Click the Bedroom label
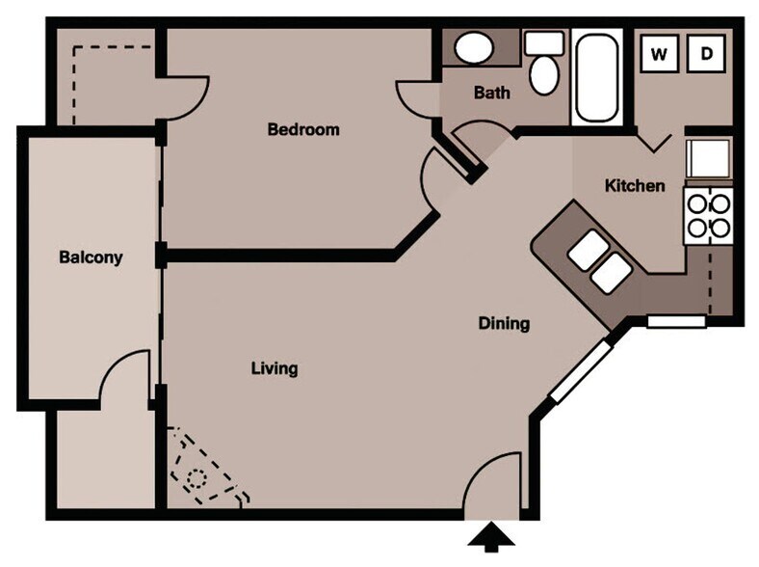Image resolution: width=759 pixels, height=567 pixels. click(x=303, y=129)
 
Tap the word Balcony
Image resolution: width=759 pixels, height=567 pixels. click(x=91, y=257)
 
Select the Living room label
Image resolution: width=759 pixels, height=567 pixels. click(x=275, y=368)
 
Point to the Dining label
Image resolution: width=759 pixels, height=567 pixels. click(x=504, y=324)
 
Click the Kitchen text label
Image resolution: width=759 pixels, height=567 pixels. click(x=634, y=185)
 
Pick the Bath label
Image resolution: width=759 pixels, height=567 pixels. click(x=492, y=94)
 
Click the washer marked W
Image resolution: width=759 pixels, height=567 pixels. click(x=660, y=54)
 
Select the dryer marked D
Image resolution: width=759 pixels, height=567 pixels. click(x=706, y=54)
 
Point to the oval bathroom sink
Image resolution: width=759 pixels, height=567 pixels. click(x=473, y=47)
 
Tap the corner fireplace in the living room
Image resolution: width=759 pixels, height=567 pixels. click(x=203, y=470)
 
